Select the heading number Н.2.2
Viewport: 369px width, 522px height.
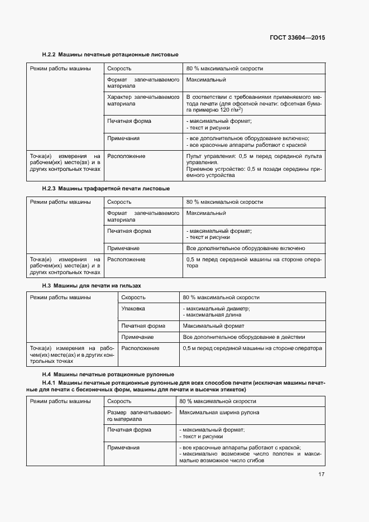[49, 55]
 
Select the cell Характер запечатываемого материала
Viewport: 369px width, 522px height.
[142, 100]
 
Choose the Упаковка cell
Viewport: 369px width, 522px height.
[133, 308]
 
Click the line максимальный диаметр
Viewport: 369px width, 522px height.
[218, 308]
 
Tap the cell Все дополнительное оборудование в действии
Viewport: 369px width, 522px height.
[244, 337]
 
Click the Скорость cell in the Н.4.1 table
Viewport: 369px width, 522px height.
[119, 401]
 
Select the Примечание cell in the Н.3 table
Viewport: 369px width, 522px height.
[137, 337]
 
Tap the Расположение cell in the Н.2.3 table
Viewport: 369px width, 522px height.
[126, 260]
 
